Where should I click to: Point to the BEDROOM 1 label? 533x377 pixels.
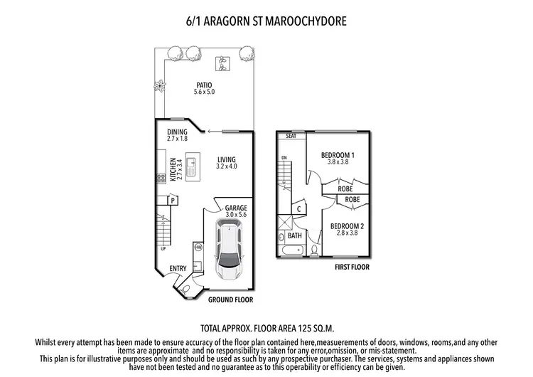[338, 154]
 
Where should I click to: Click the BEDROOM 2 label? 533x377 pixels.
[347, 227]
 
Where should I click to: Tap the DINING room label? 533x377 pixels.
[177, 132]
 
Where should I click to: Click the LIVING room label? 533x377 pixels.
[226, 159]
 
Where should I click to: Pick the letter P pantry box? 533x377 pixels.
[173, 201]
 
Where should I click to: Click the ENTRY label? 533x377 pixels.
[178, 268]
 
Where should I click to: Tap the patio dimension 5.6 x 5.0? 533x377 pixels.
[205, 92]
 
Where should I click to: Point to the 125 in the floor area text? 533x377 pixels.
[305, 330]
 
